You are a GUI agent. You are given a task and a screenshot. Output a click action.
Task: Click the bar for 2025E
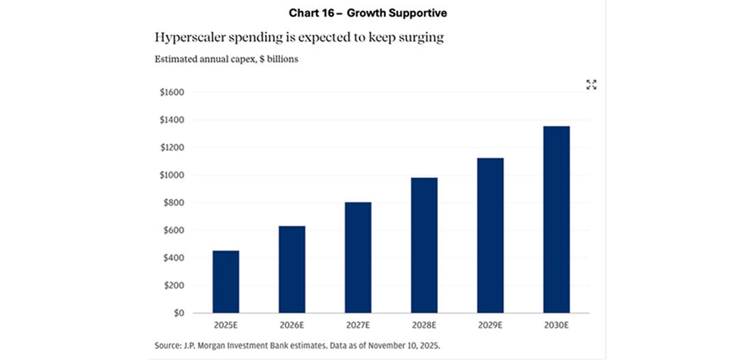click(x=226, y=281)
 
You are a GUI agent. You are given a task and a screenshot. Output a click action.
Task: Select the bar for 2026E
click(x=291, y=269)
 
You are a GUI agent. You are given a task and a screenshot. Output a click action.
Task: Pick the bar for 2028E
click(x=424, y=245)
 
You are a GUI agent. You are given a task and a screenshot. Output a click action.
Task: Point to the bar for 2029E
click(x=490, y=235)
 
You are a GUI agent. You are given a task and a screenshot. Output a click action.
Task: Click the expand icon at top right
click(x=591, y=85)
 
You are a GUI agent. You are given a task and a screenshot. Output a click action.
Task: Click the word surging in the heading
click(x=423, y=38)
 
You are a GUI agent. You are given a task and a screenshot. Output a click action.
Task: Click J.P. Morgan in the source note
click(x=206, y=346)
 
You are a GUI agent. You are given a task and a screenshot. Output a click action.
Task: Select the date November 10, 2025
click(x=408, y=346)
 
